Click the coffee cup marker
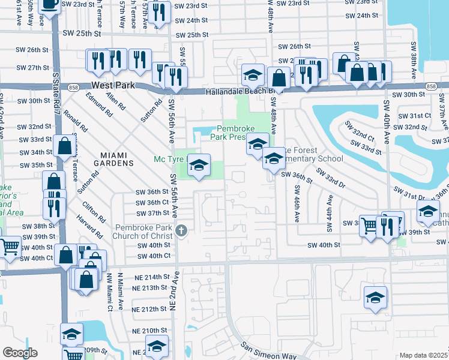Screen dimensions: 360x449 click(x=49, y=4)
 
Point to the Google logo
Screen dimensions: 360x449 click(x=19, y=353)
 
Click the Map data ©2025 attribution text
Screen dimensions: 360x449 click(x=423, y=355)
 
